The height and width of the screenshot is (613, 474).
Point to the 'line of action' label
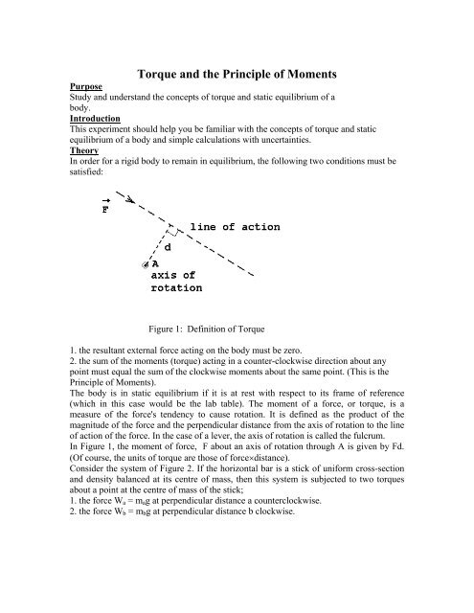pyautogui.click(x=235, y=227)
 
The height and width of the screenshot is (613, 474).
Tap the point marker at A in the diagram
pyautogui.click(x=144, y=264)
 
